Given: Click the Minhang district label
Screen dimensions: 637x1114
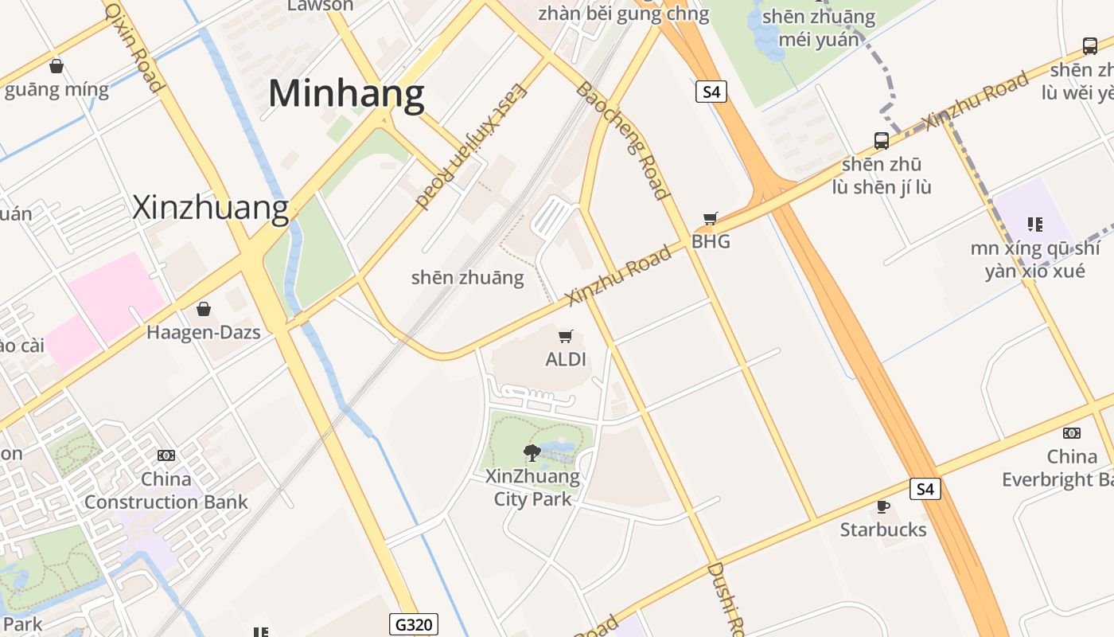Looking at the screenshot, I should pyautogui.click(x=346, y=94).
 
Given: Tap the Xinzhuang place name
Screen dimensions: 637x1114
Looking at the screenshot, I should pyautogui.click(x=210, y=207).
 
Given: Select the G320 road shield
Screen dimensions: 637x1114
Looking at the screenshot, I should pyautogui.click(x=414, y=624).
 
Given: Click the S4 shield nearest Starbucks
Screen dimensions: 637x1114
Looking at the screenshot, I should pyautogui.click(x=925, y=489).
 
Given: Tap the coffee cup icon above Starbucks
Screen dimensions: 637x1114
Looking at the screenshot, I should pyautogui.click(x=882, y=506).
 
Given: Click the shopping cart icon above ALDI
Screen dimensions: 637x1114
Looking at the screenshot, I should pyautogui.click(x=566, y=337).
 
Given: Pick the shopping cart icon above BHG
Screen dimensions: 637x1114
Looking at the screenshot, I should pyautogui.click(x=711, y=218).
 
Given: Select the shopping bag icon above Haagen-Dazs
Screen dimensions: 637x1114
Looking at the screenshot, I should pyautogui.click(x=204, y=309).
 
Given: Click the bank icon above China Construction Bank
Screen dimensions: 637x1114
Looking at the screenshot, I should pyautogui.click(x=166, y=455).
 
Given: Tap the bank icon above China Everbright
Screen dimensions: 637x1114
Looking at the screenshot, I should pyautogui.click(x=1072, y=433).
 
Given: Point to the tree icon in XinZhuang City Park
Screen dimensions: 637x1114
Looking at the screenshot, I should pyautogui.click(x=532, y=453).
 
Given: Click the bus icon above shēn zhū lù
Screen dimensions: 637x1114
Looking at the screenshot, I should pyautogui.click(x=882, y=141).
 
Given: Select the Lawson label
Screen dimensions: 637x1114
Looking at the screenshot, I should pyautogui.click(x=320, y=6).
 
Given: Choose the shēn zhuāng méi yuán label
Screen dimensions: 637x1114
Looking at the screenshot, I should pyautogui.click(x=819, y=28).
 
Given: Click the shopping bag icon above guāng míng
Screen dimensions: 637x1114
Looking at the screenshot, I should pyautogui.click(x=56, y=66).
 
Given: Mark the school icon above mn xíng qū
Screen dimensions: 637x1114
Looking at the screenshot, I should pyautogui.click(x=1034, y=225).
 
